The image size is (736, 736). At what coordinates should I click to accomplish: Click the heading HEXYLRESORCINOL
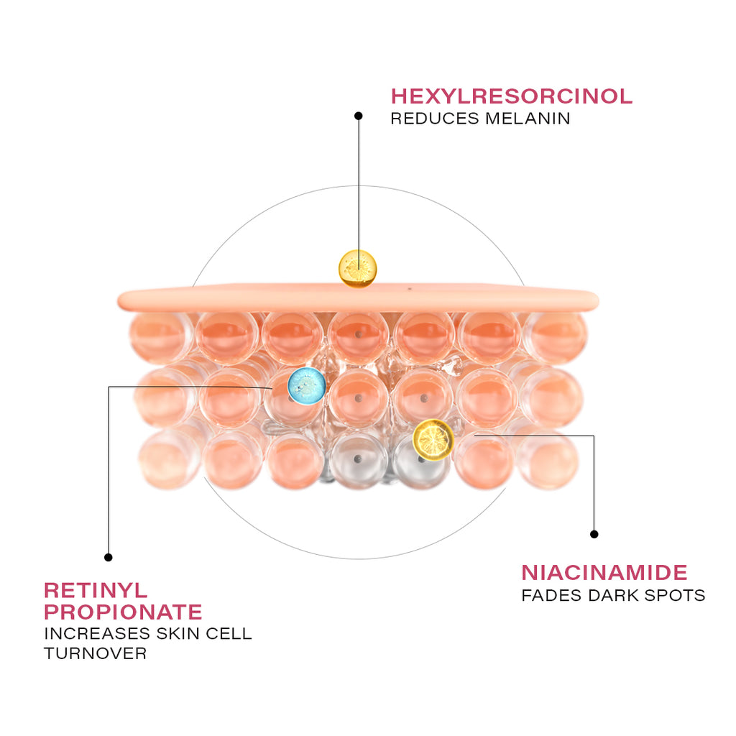point(511,96)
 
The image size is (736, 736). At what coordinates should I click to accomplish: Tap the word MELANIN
point(528,119)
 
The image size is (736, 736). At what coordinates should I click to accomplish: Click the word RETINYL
point(96,590)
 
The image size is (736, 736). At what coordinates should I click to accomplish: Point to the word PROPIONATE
point(123,612)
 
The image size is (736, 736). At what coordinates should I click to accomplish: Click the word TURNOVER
point(95,654)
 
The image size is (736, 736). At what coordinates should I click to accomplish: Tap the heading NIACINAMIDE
point(604,573)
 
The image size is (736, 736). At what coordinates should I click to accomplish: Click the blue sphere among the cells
point(307,385)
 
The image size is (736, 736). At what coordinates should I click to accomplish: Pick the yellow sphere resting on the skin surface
point(357,268)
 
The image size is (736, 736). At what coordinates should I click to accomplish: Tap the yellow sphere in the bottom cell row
point(433,439)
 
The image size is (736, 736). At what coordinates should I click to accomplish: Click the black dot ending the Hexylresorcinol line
point(358,115)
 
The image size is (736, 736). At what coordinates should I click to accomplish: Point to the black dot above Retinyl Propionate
point(109,557)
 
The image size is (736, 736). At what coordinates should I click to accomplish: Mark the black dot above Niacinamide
point(594,534)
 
